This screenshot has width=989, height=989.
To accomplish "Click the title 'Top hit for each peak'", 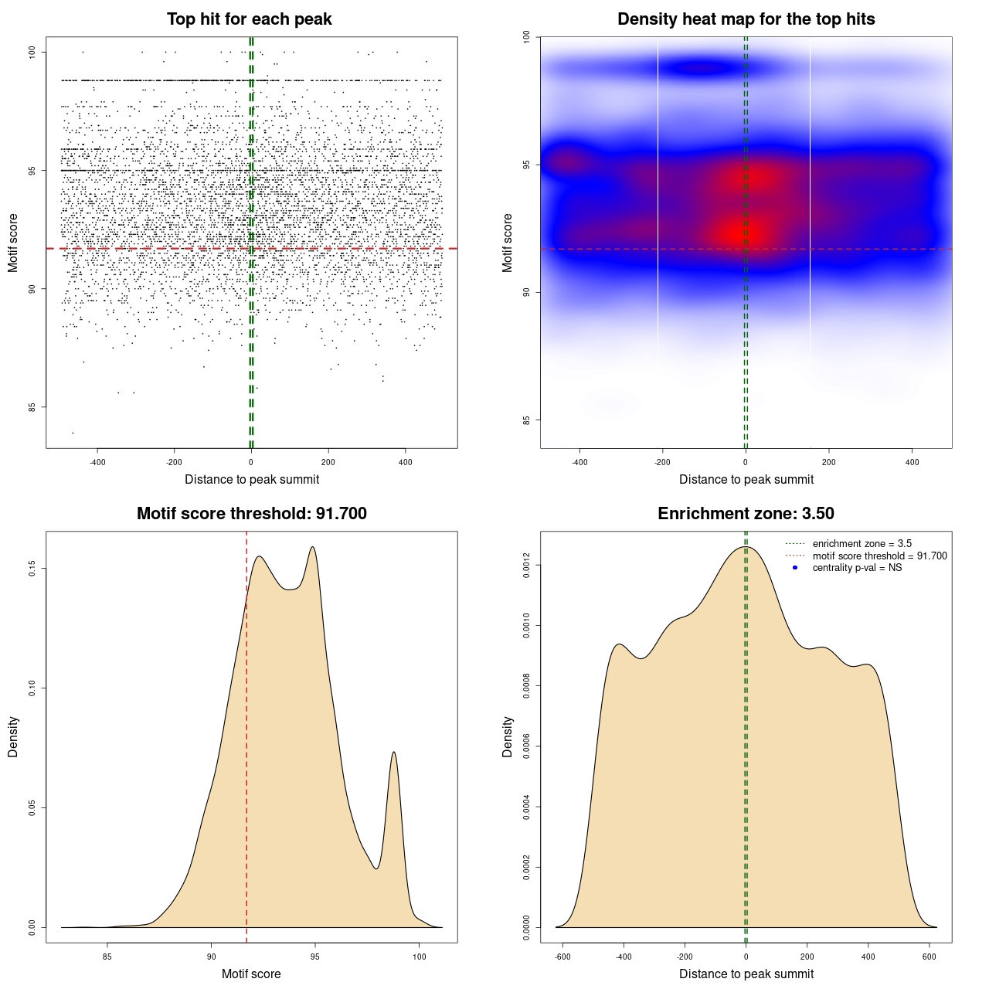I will pos(250,19).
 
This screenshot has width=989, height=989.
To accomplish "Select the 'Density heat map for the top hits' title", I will pos(746,19).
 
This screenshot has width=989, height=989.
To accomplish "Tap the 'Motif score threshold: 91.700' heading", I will pos(251,514).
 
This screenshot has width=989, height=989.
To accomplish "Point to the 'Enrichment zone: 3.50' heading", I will pos(746,514).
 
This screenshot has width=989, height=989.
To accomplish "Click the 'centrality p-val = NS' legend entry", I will pos(857,568).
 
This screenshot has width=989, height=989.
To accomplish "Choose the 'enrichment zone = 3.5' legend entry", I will pos(862,544).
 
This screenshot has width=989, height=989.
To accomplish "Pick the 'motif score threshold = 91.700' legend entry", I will pos(879,556).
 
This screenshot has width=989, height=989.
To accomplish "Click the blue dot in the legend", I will pos(795,568).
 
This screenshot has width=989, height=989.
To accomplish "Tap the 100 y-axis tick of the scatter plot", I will pos(32,52).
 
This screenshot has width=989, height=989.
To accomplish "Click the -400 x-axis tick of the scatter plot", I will pos(97,463).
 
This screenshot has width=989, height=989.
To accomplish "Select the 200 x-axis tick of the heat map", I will pos(829,463).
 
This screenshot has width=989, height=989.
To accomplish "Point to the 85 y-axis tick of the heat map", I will pos(526,420).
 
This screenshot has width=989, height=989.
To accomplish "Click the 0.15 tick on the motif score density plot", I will pos(32,569).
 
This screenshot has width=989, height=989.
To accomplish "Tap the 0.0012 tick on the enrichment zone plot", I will pos(526,566).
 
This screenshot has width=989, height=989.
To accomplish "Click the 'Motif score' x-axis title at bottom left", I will pos(251,974).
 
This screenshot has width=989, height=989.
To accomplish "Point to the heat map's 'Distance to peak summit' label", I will pos(746,480).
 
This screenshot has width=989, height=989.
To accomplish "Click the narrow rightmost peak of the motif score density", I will pos(394,753).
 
